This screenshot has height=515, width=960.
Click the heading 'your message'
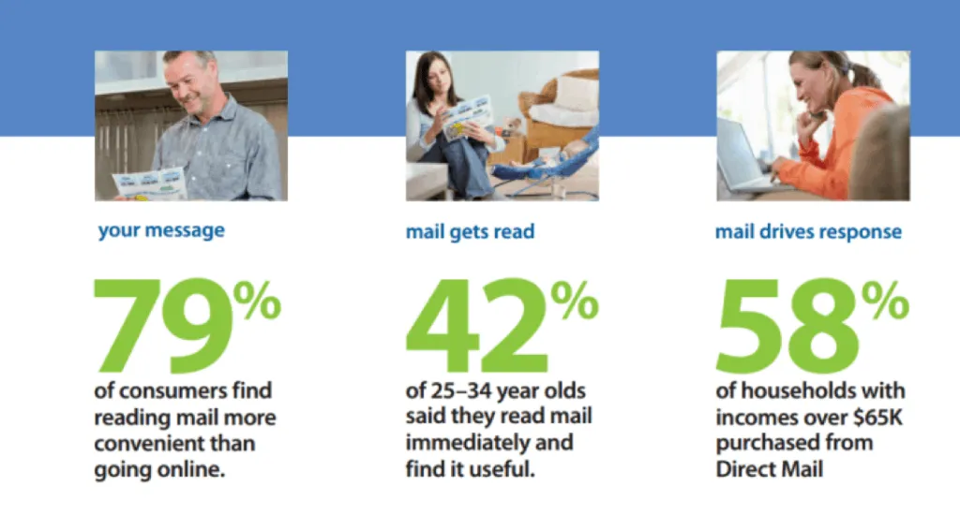pos(161,231)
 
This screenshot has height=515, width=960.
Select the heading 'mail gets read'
pos(471,232)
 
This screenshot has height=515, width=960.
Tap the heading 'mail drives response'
pos(808,232)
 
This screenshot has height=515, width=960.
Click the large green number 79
pos(163,326)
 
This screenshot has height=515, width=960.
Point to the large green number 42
pos(477,326)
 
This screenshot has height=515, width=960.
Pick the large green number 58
pos(787,326)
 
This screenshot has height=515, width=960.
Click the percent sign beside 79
pos(257,301)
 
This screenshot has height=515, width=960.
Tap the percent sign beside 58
pos(885,301)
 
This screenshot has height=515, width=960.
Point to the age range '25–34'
pos(461,390)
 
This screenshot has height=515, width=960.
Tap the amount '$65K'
pos(877,417)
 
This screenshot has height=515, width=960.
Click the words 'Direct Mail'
pos(770,469)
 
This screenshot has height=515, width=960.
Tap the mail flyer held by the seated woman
pos(467,117)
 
